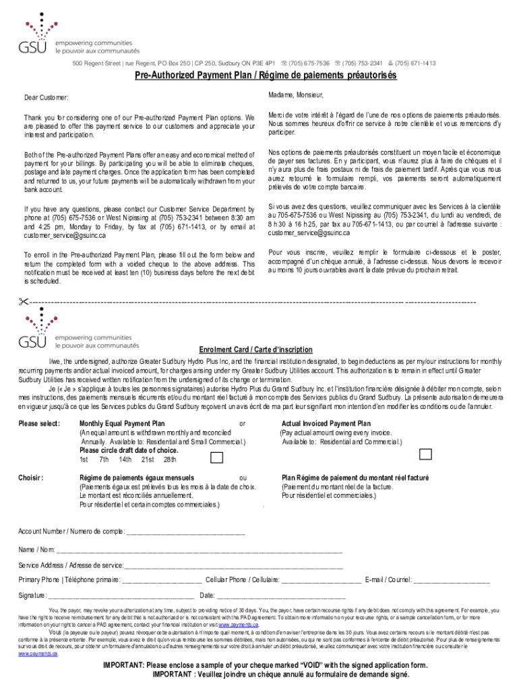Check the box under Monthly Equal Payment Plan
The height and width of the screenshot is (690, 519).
pos(218,458)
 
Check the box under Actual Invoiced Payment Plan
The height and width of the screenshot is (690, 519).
pos(425,453)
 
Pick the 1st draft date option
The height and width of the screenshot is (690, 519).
pos(84,460)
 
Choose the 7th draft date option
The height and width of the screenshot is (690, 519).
pos(104,460)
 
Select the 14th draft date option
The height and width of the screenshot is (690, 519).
pos(125,460)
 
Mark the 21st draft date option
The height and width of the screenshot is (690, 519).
pos(148,460)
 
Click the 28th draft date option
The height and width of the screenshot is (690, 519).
pos(170,460)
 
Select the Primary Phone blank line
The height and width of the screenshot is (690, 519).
pos(161,579)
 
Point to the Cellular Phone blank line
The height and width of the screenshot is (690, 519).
pos(321,579)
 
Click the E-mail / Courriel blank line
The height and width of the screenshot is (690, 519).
pos(451,579)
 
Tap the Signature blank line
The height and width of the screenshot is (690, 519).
pos(122,596)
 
